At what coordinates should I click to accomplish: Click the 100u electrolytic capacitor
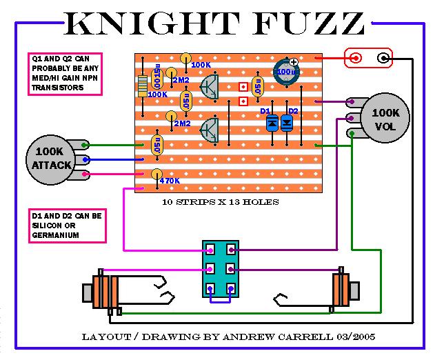pyautogui.click(x=283, y=72)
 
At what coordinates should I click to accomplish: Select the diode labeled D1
pyautogui.click(x=272, y=122)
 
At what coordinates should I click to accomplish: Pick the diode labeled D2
pyautogui.click(x=287, y=122)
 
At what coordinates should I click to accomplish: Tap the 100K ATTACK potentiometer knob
pyautogui.click(x=50, y=157)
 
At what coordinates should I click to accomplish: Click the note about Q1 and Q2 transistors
pyautogui.click(x=65, y=74)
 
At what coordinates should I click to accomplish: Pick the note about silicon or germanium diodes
pyautogui.click(x=67, y=226)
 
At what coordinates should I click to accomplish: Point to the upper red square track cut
pyautogui.click(x=242, y=87)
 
